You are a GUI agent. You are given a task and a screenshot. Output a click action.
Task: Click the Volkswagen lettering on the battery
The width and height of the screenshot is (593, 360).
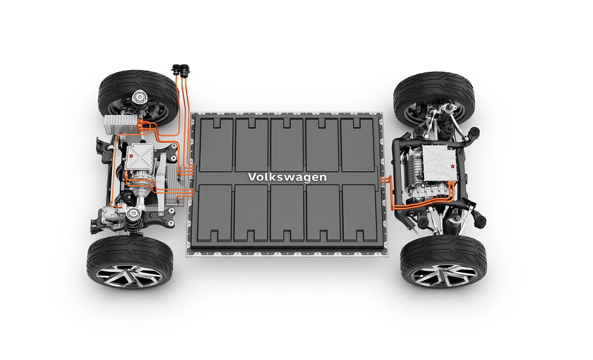pos(287,177)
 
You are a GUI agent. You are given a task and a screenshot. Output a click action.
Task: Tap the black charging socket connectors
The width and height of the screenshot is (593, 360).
pos(181,70)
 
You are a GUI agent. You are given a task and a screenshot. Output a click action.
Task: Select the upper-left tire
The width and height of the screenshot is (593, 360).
pos(138,98)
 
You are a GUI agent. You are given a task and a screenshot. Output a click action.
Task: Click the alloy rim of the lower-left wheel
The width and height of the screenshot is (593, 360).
pos(129,276)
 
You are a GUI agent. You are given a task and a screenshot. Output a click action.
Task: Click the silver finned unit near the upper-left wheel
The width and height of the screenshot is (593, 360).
pos(122,124)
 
